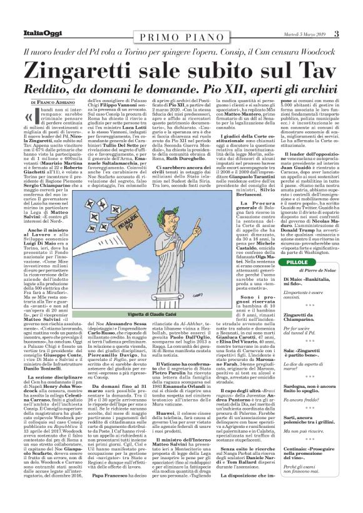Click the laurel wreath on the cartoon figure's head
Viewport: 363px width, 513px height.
click(x=168, y=188)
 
